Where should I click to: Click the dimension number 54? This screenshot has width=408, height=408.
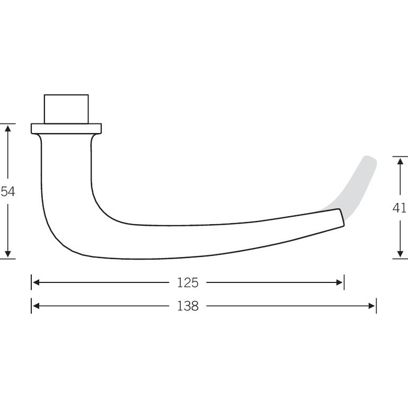point(8,191)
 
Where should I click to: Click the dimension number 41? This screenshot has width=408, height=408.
point(400,208)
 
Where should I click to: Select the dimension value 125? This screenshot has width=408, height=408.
point(188,282)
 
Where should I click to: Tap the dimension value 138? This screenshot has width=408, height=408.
point(188,306)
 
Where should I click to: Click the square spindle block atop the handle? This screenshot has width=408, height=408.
point(66,109)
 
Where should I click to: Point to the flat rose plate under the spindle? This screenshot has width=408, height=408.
point(66,129)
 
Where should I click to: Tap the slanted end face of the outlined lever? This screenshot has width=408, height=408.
point(342,218)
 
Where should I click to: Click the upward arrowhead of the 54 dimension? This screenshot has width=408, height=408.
point(8,128)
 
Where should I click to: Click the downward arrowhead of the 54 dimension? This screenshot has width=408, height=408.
point(8,254)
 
